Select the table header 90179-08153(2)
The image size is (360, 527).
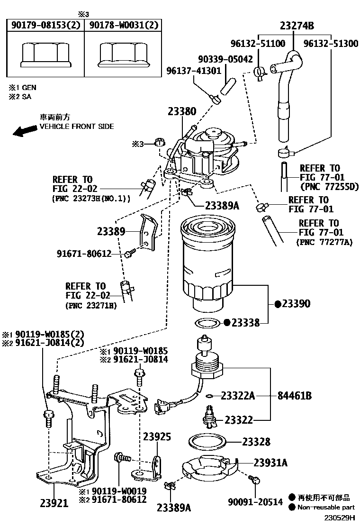(45, 25)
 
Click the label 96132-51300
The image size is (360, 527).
(331, 44)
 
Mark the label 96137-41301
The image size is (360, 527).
(194, 71)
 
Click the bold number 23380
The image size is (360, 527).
(181, 112)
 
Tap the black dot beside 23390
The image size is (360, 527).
(278, 304)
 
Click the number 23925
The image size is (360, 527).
(157, 436)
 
